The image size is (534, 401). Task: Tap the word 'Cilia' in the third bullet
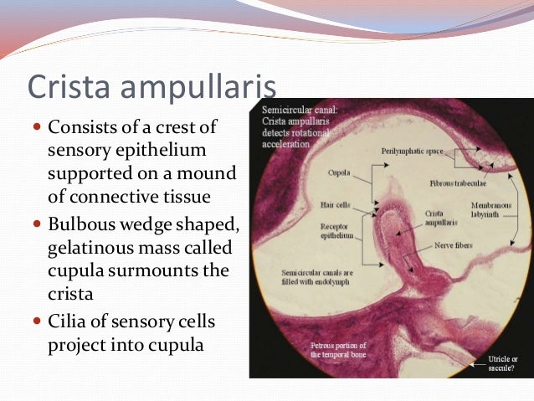point(66,322)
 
